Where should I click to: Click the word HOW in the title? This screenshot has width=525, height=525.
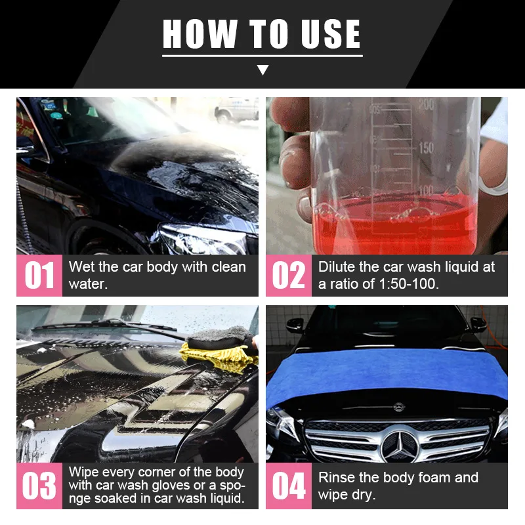pos(194,34)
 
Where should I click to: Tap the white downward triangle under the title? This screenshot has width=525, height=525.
pos(262,70)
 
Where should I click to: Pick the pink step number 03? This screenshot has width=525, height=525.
pos(39,486)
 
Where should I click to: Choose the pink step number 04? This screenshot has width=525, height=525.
pos(289,486)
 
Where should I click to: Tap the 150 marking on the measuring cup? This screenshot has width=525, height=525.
pos(427,148)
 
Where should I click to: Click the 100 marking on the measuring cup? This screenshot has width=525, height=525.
pos(427,191)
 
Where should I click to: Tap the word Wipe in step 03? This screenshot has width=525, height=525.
pos(83,472)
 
